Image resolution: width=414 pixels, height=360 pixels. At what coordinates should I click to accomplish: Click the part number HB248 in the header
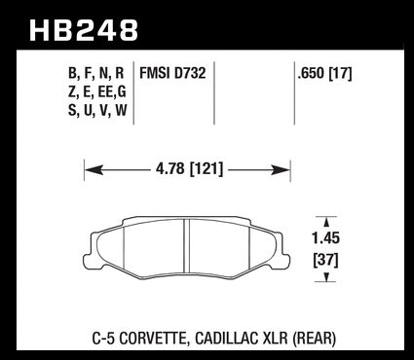pos(84,30)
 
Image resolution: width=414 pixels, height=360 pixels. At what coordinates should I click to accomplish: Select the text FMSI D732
pos(172,73)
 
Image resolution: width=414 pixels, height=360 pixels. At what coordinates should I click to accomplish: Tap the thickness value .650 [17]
pos(324,74)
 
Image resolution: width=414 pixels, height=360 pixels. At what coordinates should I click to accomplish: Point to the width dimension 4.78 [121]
pos(190,169)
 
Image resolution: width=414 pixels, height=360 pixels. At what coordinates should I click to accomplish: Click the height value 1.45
pos(325,238)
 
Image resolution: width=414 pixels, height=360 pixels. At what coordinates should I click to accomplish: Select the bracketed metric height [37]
pos(325,260)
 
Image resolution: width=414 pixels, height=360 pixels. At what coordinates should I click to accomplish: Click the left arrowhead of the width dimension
pos(94,169)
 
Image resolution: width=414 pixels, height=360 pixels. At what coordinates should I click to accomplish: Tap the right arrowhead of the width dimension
pos(280,169)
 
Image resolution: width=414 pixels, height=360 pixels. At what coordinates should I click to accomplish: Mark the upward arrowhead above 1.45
pos(326,222)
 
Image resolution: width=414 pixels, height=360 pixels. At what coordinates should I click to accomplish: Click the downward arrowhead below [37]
pos(326,276)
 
